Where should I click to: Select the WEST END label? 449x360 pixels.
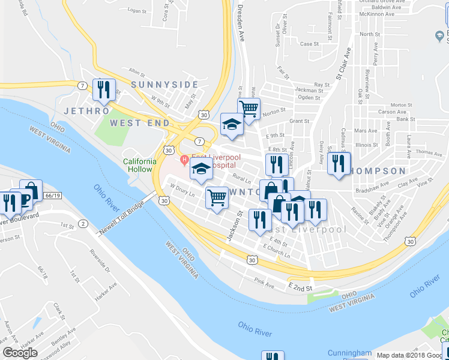tap(136, 123)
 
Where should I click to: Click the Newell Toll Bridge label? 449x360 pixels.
tap(125, 209)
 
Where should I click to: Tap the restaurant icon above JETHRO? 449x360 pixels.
tap(104, 91)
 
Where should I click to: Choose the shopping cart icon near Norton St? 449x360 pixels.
tap(249, 109)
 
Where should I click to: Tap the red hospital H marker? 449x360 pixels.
tap(185, 159)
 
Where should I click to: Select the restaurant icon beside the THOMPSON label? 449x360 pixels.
tap(339, 164)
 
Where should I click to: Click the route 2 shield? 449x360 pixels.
tap(82, 223)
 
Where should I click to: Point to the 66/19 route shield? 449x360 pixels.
tap(53, 196)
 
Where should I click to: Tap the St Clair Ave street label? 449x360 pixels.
tap(342, 67)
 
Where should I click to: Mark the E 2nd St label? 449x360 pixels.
tap(300, 288)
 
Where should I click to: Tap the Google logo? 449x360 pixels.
tap(20, 353)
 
